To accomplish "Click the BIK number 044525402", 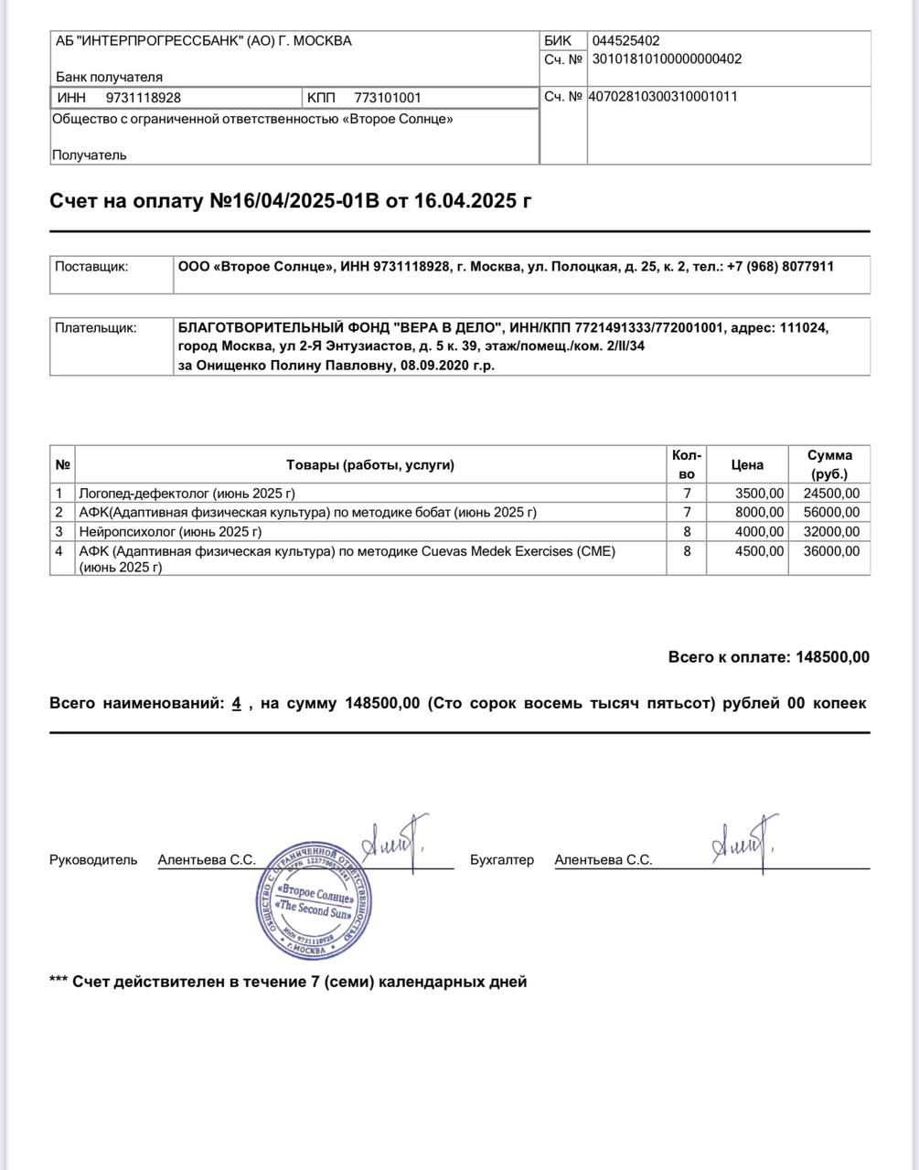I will tap(625, 40).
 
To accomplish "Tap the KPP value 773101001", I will tap(387, 98).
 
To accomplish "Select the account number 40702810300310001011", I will tap(662, 96).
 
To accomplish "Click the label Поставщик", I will tap(91, 267).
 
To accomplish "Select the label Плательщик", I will tap(95, 327).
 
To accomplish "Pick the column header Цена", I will tap(747, 464).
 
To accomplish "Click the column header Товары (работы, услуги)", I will tap(369, 464).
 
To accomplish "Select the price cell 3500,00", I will tap(759, 494).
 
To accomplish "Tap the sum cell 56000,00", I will tap(831, 513).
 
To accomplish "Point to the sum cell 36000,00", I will tap(831, 551).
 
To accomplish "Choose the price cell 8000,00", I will tap(759, 513).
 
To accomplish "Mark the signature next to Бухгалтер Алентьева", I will tap(743, 843).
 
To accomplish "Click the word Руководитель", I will tap(93, 860).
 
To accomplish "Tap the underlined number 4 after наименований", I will tap(236, 704).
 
